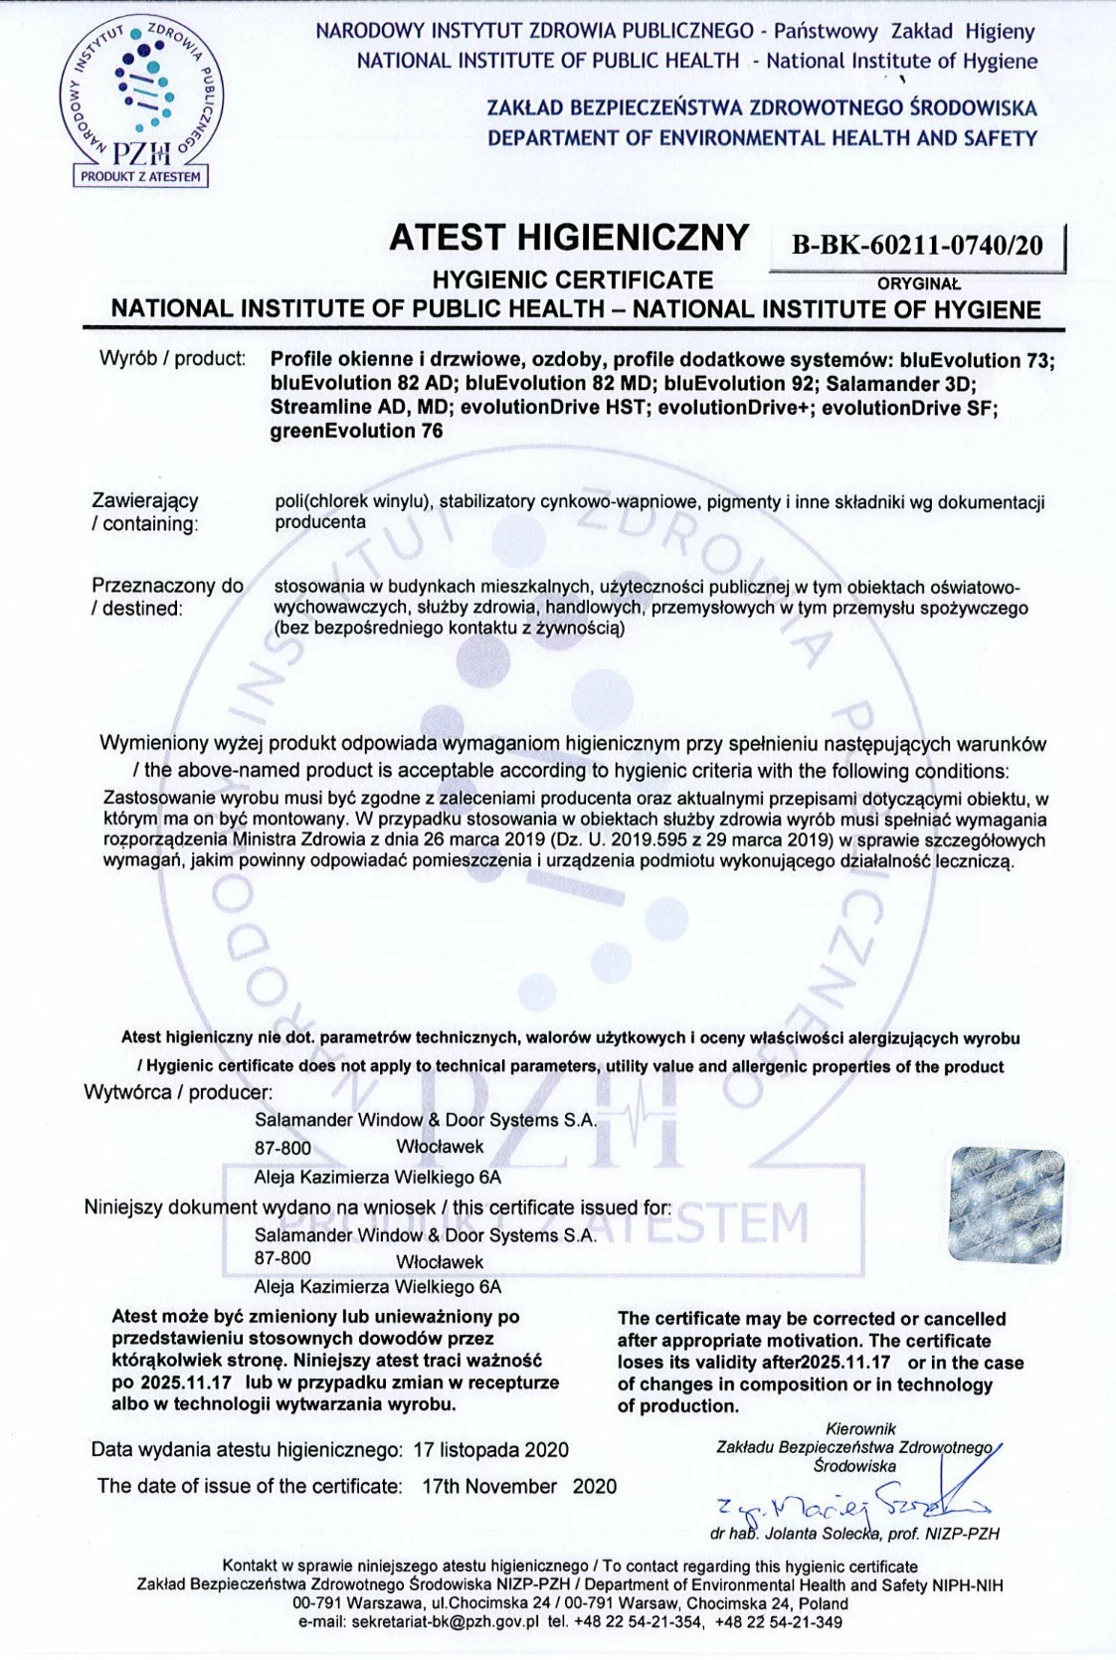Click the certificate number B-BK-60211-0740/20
(916, 245)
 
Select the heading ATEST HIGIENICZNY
(568, 238)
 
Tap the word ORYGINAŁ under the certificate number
(919, 283)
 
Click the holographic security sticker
(1007, 1205)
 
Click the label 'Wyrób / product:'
(172, 358)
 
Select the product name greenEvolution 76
(356, 431)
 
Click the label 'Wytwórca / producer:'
(178, 1092)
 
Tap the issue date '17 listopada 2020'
(490, 1449)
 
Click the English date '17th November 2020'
(518, 1486)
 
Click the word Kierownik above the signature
(860, 1429)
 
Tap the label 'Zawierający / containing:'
(145, 511)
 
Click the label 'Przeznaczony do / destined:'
(167, 597)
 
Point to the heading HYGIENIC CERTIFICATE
(573, 280)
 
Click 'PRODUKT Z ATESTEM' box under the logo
(140, 177)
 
